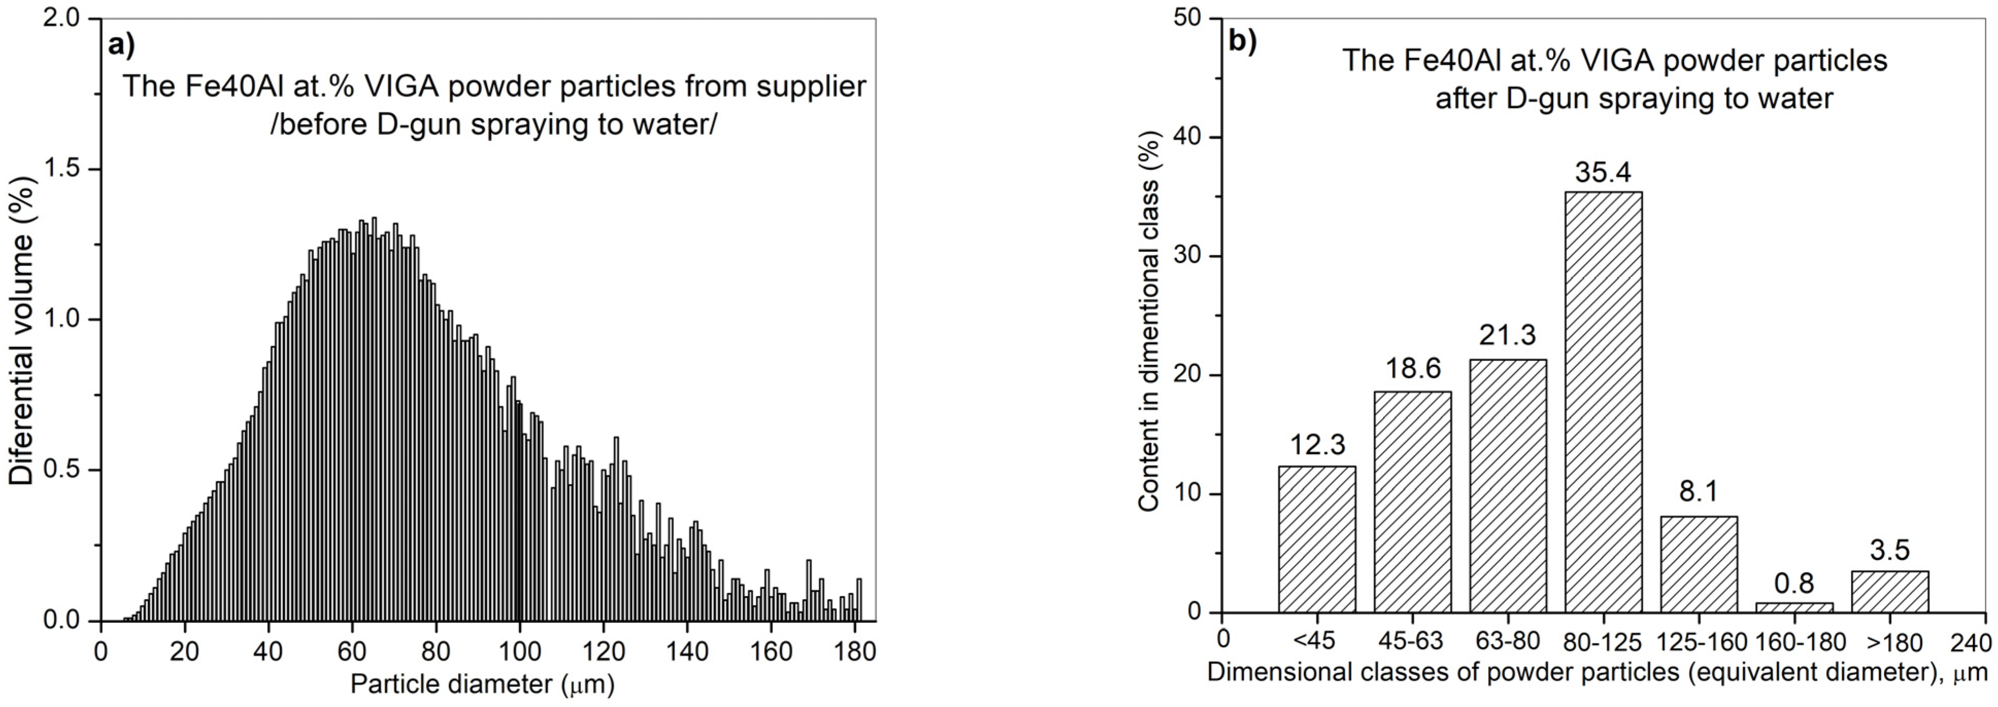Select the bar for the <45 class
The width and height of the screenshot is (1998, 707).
(1317, 539)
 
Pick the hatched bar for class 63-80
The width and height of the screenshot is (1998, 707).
(1508, 485)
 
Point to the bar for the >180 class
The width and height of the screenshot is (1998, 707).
(1889, 591)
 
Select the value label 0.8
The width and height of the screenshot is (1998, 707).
(1794, 583)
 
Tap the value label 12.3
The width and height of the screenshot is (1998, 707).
(1317, 445)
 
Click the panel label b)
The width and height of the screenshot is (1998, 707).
(1243, 42)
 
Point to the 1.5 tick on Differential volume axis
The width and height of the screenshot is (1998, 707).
(69, 170)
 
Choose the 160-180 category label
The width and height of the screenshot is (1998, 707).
(1794, 642)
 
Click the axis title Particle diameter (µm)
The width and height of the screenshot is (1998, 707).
(483, 684)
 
